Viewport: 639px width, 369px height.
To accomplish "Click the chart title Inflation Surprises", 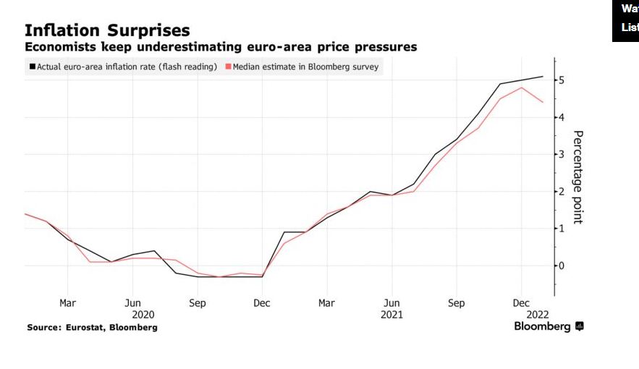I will coord(107,30).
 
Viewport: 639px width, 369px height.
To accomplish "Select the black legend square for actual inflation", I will coord(32,67).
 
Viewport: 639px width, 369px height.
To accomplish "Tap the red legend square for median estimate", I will coord(228,67).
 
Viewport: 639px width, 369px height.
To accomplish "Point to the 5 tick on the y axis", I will coord(561,80).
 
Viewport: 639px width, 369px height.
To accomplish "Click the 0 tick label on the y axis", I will coord(561,266).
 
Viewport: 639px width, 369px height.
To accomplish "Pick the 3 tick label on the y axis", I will coord(561,154).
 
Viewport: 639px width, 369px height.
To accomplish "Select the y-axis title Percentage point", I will coord(577,177).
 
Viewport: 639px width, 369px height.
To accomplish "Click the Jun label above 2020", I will coord(132,303).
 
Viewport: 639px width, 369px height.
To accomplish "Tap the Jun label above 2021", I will coord(392,303).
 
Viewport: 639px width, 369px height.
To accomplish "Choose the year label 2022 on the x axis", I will coord(538,315).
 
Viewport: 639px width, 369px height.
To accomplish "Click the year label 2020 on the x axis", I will coord(143,315).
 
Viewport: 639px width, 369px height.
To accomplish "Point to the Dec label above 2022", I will coord(521,303).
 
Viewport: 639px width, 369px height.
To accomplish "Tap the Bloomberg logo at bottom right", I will coord(549,327).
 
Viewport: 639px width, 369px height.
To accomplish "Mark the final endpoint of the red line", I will coord(543,102).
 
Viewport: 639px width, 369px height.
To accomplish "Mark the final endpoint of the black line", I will coord(543,77).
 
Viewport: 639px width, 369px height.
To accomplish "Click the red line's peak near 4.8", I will coord(522,88).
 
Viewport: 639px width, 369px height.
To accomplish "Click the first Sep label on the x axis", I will coord(198,303).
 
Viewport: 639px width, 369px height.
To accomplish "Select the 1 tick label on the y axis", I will coord(561,229).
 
